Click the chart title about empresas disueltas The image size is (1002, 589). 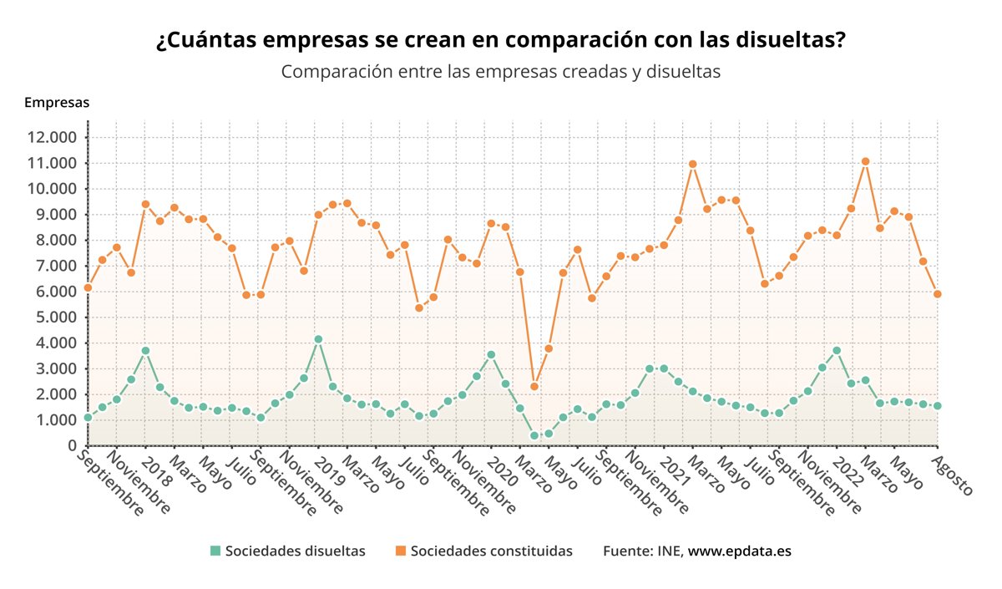coord(500,40)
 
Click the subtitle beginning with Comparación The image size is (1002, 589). coord(500,72)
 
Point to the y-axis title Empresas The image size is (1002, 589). coord(57,103)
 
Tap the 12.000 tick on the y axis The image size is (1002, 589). coord(52,137)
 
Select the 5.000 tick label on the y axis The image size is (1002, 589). coord(52,317)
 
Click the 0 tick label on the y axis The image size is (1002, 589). coord(73,446)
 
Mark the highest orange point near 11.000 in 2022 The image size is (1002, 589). coord(865,161)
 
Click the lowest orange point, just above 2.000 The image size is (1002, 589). coord(534,386)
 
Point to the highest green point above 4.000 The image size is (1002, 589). coord(318,339)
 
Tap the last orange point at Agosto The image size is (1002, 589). coord(938,294)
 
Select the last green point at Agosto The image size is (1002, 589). coord(938,406)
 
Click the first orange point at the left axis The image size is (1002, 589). coord(88,287)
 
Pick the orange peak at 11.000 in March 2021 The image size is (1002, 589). coord(692,164)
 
